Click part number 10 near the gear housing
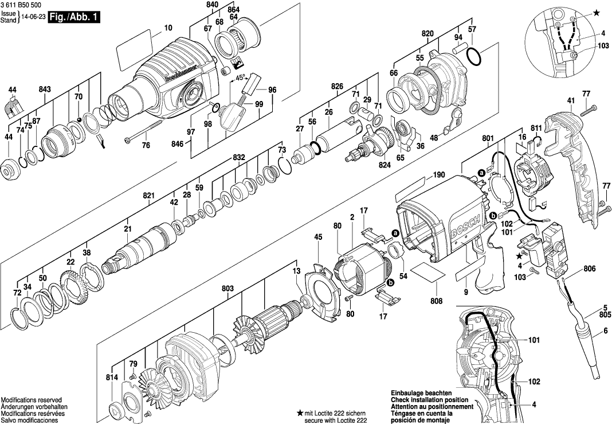168,28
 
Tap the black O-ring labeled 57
474,56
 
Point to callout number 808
437,300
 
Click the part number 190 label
439,175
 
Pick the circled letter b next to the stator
391,282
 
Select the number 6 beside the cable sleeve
605,330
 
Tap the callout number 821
149,196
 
